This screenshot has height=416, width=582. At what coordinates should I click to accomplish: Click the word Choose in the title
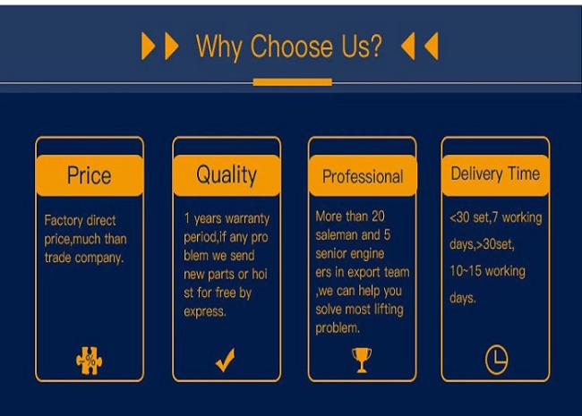[x=292, y=46]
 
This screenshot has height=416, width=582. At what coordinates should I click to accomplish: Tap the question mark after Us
[x=375, y=46]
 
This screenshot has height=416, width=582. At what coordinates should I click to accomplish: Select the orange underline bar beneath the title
[x=293, y=82]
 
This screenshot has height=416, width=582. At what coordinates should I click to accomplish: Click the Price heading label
[x=89, y=175]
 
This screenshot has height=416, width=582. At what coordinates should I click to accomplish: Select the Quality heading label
[x=227, y=175]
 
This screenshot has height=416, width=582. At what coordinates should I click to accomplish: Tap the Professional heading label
[x=363, y=176]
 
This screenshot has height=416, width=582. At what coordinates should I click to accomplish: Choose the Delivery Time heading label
[x=495, y=174]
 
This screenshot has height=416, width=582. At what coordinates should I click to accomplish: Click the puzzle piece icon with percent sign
[x=89, y=361]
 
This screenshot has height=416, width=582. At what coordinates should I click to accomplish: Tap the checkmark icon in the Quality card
[x=226, y=360]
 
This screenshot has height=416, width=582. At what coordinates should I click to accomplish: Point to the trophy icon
[x=362, y=360]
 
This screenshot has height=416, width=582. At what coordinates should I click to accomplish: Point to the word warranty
[x=250, y=219]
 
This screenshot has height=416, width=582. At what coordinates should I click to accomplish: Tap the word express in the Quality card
[x=204, y=312]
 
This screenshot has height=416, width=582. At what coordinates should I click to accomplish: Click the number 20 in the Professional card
[x=378, y=216]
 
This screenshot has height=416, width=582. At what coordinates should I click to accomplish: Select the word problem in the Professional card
[x=338, y=328]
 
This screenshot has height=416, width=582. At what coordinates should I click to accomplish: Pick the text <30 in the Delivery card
[x=459, y=217]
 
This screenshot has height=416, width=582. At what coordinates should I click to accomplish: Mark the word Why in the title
[x=218, y=47]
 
